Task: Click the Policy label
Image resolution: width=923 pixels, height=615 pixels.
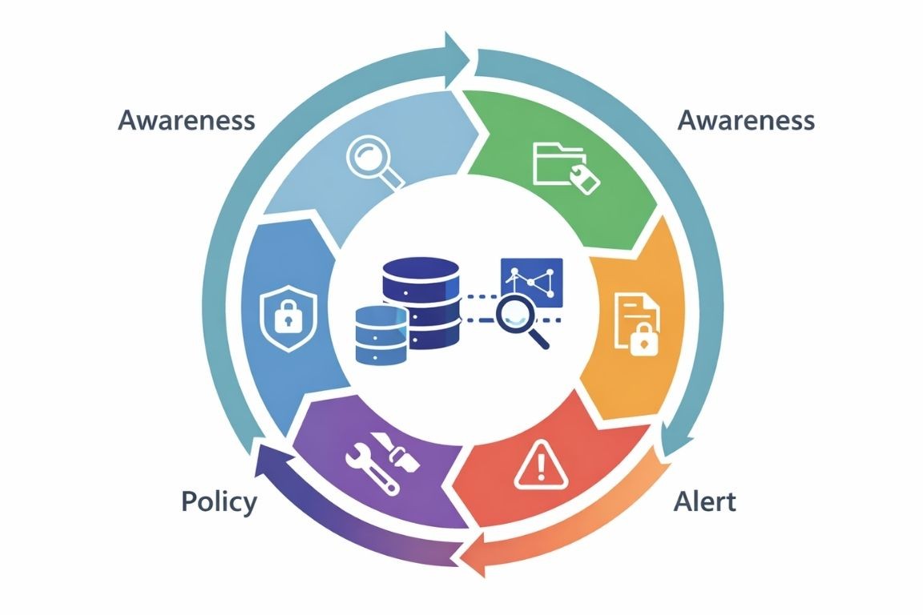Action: point(219,502)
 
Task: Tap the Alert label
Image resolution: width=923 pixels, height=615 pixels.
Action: point(704,502)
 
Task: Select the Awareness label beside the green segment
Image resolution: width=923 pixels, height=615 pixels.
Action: point(746,121)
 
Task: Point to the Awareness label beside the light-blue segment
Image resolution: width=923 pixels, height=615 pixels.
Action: point(187,121)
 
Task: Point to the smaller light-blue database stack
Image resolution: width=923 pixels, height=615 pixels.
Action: point(381,336)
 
